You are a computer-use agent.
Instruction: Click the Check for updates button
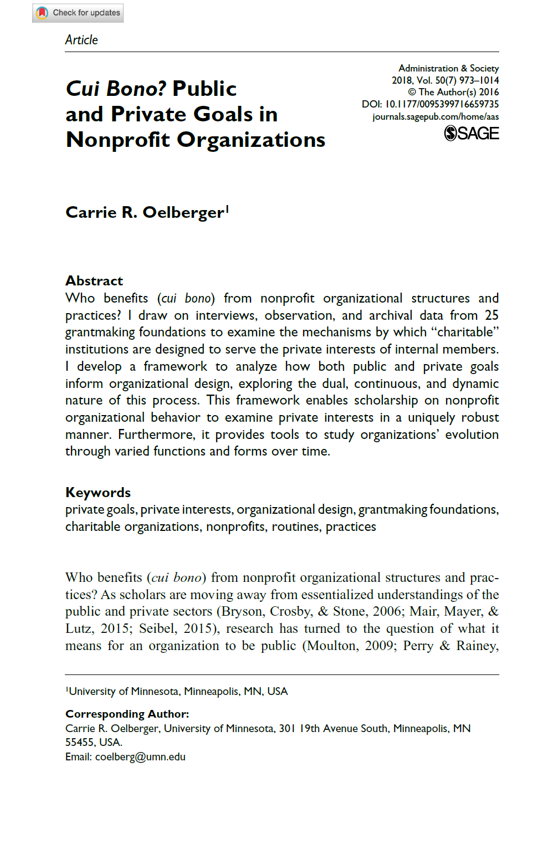pyautogui.click(x=78, y=13)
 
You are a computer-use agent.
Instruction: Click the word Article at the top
pyautogui.click(x=81, y=40)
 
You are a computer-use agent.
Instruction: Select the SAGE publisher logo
pyautogui.click(x=472, y=134)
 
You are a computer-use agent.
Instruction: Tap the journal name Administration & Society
pyautogui.click(x=448, y=68)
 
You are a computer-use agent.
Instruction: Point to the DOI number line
pyautogui.click(x=430, y=104)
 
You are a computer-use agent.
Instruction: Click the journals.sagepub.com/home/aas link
pyautogui.click(x=436, y=117)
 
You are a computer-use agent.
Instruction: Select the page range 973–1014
pyautogui.click(x=479, y=80)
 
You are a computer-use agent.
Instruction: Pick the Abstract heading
pyautogui.click(x=94, y=281)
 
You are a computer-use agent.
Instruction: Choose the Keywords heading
pyautogui.click(x=98, y=493)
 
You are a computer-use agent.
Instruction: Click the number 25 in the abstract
pyautogui.click(x=492, y=315)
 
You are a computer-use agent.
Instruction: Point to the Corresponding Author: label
pyautogui.click(x=127, y=714)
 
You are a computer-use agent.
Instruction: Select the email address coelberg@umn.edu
pyautogui.click(x=140, y=757)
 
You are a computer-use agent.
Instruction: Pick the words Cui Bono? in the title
pyautogui.click(x=116, y=89)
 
